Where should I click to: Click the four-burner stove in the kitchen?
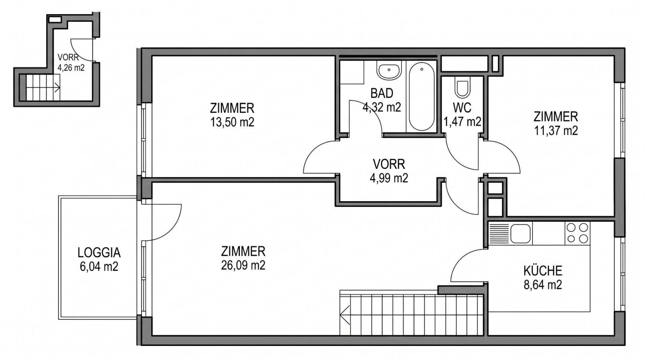coord(577,233)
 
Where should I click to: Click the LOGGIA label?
coord(99,252)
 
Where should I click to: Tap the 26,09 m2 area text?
coord(243,265)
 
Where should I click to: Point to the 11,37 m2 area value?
coord(556,130)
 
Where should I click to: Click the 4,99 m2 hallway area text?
coord(389,178)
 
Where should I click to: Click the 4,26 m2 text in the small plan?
coord(71,67)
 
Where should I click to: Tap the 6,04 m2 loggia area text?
coord(99,267)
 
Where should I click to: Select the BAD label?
coord(382,93)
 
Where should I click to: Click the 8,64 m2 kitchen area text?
coord(543,285)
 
